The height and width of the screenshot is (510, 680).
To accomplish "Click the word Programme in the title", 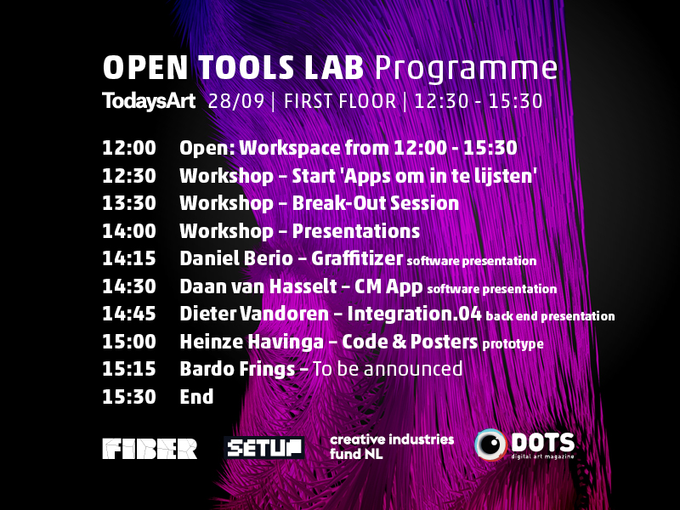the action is click(x=466, y=69).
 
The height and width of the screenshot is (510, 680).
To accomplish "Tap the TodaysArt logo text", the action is click(x=149, y=101).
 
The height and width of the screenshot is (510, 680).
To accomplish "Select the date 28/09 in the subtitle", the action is click(x=236, y=101).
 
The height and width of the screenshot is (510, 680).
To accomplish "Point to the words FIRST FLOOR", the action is click(x=340, y=101).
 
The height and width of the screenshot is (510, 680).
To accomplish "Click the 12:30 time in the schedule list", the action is click(x=129, y=176).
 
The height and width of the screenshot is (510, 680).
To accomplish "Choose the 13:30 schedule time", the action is click(x=129, y=203).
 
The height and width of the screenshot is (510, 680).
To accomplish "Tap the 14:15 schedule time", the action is click(x=129, y=259).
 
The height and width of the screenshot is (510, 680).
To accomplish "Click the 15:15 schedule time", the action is click(x=129, y=370).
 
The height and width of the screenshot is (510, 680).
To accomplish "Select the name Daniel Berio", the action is click(x=236, y=258).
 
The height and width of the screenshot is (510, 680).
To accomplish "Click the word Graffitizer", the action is click(x=357, y=258).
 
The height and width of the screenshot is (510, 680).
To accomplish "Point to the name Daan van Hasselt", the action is click(x=258, y=286).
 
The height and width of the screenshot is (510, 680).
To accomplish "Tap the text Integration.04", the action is click(x=414, y=314).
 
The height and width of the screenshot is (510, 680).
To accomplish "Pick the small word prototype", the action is click(x=513, y=344).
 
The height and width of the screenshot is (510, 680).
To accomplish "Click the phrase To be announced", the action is click(x=388, y=369).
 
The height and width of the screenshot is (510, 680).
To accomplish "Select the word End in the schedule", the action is click(x=196, y=397).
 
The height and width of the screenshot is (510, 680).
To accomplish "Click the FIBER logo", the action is click(x=150, y=449).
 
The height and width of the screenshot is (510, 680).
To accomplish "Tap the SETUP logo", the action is click(x=264, y=448).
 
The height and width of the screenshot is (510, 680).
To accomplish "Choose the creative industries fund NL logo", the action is click(x=392, y=447).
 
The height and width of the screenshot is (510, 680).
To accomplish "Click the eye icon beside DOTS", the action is click(x=490, y=445).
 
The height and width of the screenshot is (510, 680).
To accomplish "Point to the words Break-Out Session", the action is click(x=376, y=203).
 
